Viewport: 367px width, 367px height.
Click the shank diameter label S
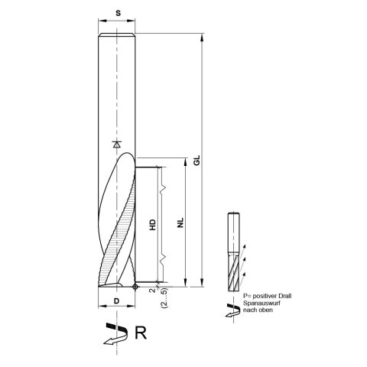pos(117,14)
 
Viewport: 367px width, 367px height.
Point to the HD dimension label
pos(153,227)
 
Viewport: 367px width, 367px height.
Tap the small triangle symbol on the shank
pos(116,144)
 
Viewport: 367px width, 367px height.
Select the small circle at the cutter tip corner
pos(135,287)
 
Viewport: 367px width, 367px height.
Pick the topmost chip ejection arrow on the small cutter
pos(245,245)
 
